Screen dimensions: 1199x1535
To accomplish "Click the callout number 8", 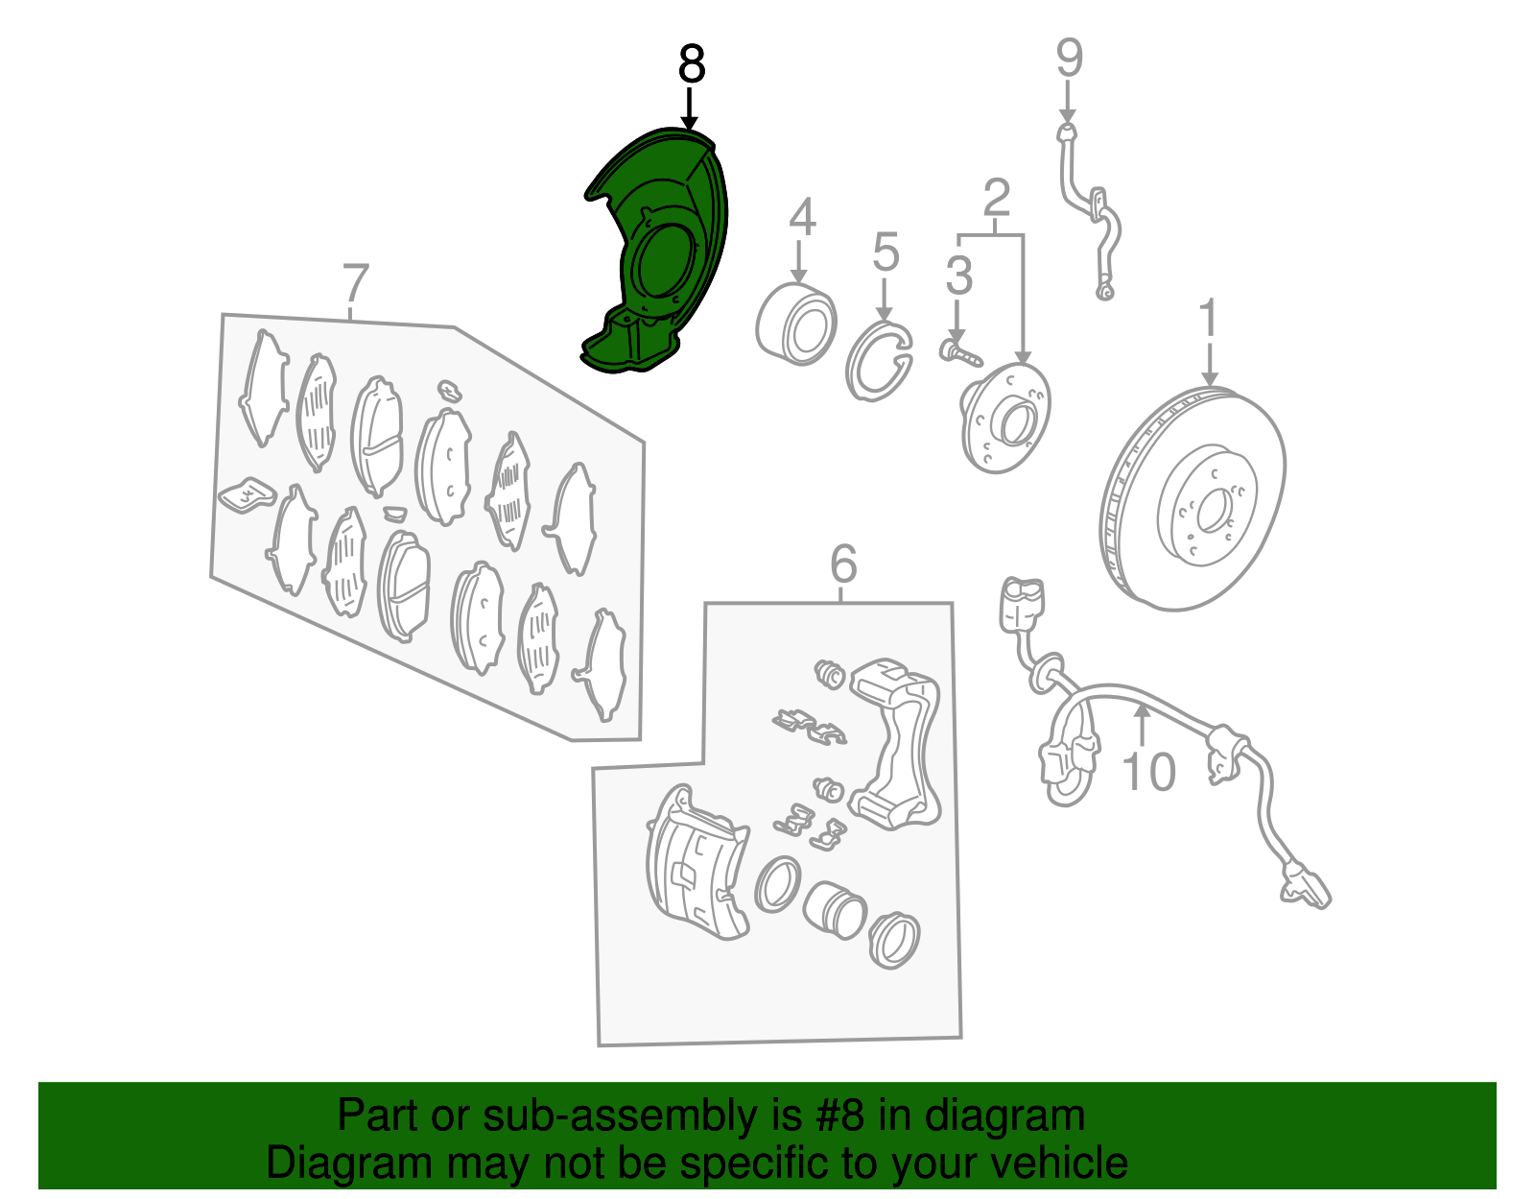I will click(x=691, y=65).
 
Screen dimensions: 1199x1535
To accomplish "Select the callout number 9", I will click(x=1069, y=59).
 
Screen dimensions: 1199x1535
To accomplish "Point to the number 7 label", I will click(x=355, y=284).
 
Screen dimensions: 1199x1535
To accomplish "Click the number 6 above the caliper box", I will click(x=842, y=564).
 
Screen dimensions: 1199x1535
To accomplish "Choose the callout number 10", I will click(x=1148, y=773).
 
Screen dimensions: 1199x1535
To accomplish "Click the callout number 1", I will click(x=1209, y=319).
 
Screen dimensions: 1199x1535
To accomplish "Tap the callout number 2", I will click(x=997, y=199).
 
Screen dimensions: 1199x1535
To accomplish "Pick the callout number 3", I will click(x=958, y=276).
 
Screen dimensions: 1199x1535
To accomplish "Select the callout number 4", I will click(x=802, y=218).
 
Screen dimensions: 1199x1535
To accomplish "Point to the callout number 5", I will click(x=886, y=252).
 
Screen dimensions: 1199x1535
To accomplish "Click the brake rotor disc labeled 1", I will click(x=1193, y=499).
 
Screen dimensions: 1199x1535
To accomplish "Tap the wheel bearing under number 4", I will click(x=797, y=324).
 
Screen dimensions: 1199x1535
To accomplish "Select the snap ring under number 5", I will click(x=878, y=362).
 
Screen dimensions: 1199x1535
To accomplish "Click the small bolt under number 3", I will click(x=960, y=351).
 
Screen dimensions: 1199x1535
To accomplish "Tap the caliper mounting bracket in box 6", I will click(x=897, y=749).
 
